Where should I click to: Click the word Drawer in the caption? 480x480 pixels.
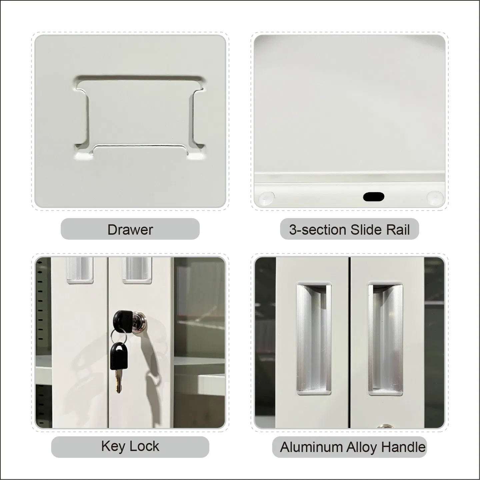[x=130, y=230]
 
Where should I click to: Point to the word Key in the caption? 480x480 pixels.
[x=113, y=446]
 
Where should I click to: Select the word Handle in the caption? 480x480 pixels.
[x=404, y=447]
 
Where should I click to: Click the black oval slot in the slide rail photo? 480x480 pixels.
[x=374, y=197]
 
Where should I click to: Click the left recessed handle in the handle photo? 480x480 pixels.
[x=313, y=338]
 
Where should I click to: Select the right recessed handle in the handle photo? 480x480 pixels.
[x=385, y=338]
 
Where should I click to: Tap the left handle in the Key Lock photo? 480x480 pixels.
[x=80, y=270]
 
